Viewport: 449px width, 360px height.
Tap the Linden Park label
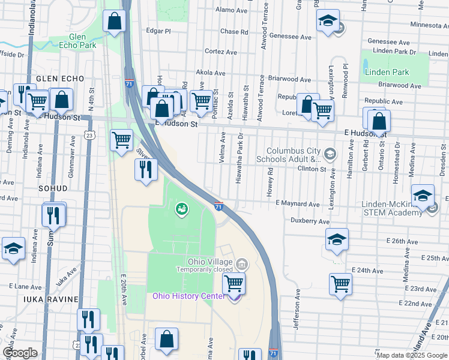[387, 72]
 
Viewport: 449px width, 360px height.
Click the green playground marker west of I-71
[180, 209]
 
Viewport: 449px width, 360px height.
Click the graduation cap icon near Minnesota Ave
[328, 22]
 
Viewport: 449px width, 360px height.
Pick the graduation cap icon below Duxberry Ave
[337, 239]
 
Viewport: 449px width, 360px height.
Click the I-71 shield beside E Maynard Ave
[218, 206]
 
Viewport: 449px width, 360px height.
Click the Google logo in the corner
[20, 353]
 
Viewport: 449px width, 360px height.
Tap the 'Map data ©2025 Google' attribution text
[411, 355]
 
